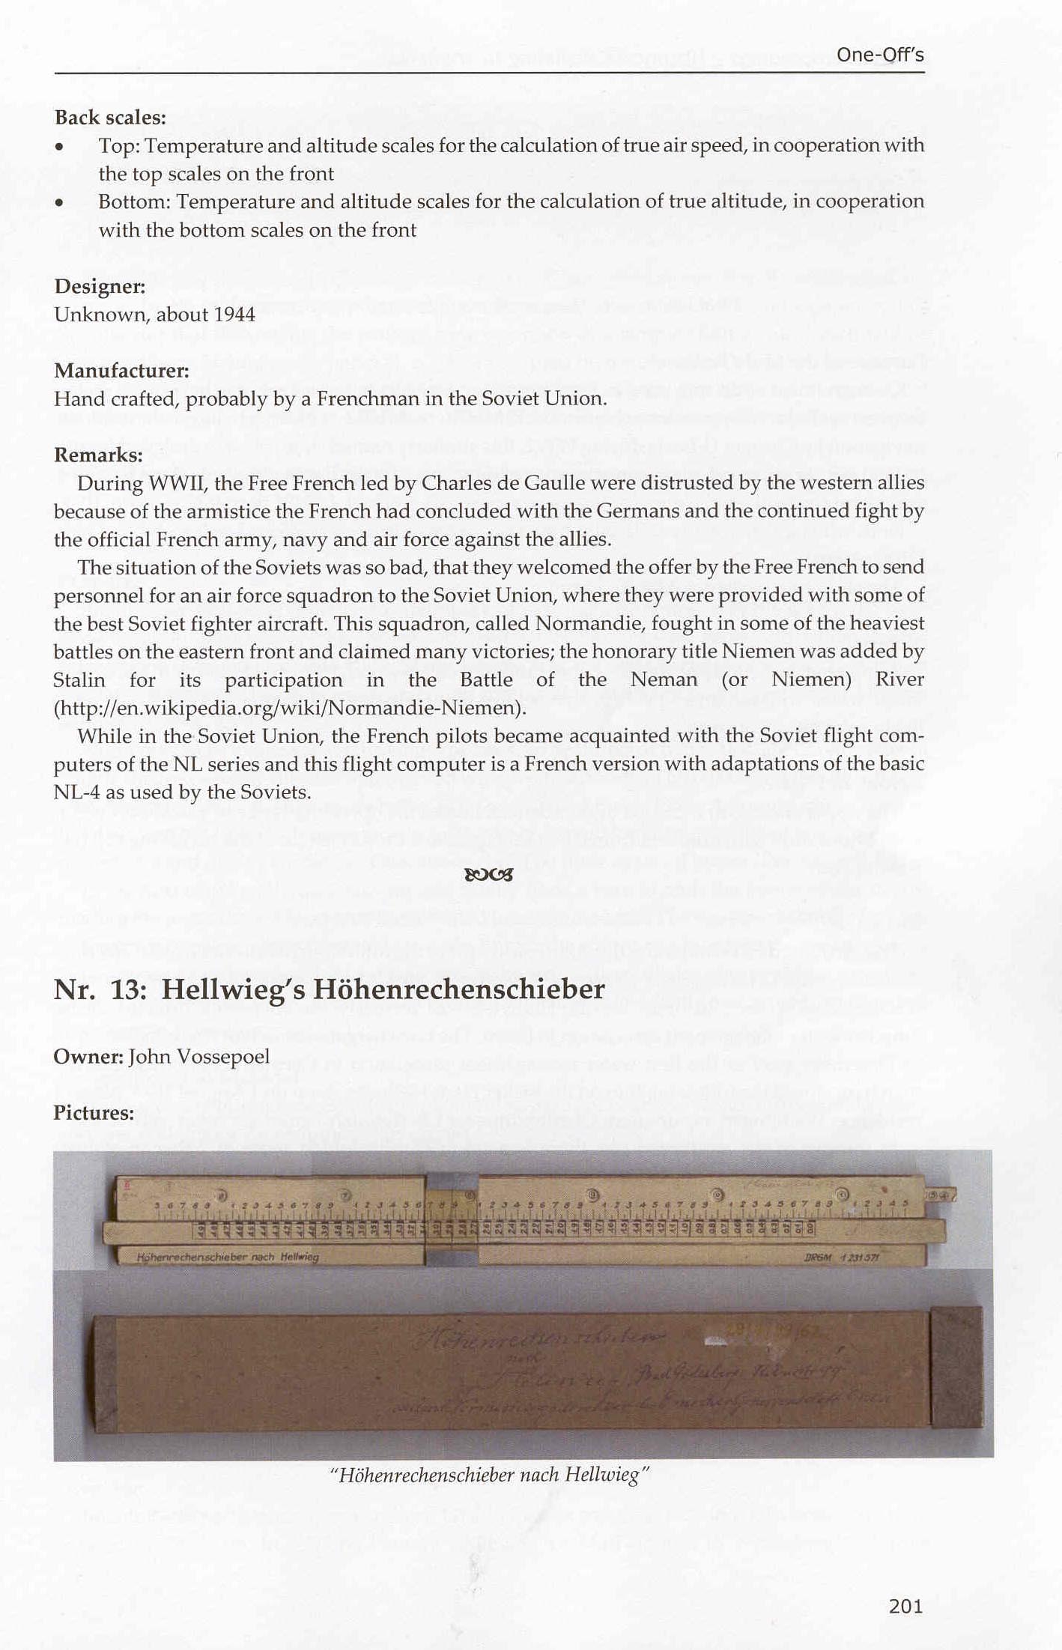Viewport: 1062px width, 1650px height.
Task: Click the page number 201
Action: point(905,1606)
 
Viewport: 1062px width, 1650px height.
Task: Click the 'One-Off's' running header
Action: point(880,55)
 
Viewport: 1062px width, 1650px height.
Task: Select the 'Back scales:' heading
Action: point(109,118)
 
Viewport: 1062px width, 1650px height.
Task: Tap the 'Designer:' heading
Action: point(100,286)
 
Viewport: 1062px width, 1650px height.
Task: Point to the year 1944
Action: point(234,315)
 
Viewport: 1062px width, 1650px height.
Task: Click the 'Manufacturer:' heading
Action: point(121,371)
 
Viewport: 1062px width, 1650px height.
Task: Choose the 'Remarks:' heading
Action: point(98,455)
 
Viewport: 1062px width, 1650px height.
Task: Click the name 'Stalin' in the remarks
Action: point(79,680)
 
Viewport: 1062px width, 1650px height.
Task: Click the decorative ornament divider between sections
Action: point(488,874)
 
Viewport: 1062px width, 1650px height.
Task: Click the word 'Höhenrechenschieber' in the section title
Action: point(458,989)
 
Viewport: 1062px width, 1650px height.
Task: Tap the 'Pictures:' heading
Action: point(94,1113)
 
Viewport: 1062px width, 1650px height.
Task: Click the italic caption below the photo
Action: point(488,1475)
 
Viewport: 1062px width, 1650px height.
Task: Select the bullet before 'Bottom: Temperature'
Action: point(59,202)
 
